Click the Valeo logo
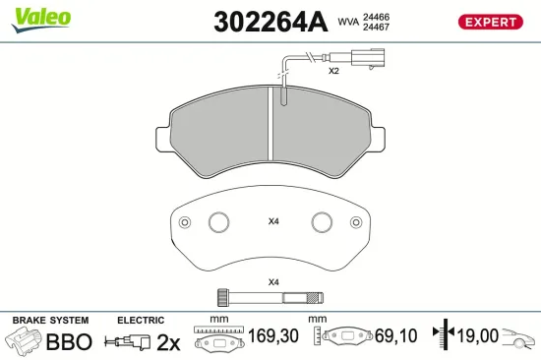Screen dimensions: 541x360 (41, 20)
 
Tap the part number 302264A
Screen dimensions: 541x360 (270, 22)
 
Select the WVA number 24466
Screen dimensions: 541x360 (376, 17)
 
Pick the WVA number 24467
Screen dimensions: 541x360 (376, 27)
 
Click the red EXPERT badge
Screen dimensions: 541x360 (490, 22)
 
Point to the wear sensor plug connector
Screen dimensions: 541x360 (368, 58)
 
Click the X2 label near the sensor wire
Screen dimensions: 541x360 (333, 71)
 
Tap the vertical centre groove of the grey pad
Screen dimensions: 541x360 (270, 123)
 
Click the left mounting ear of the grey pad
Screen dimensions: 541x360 (163, 139)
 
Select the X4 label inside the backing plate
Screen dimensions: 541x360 (273, 221)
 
